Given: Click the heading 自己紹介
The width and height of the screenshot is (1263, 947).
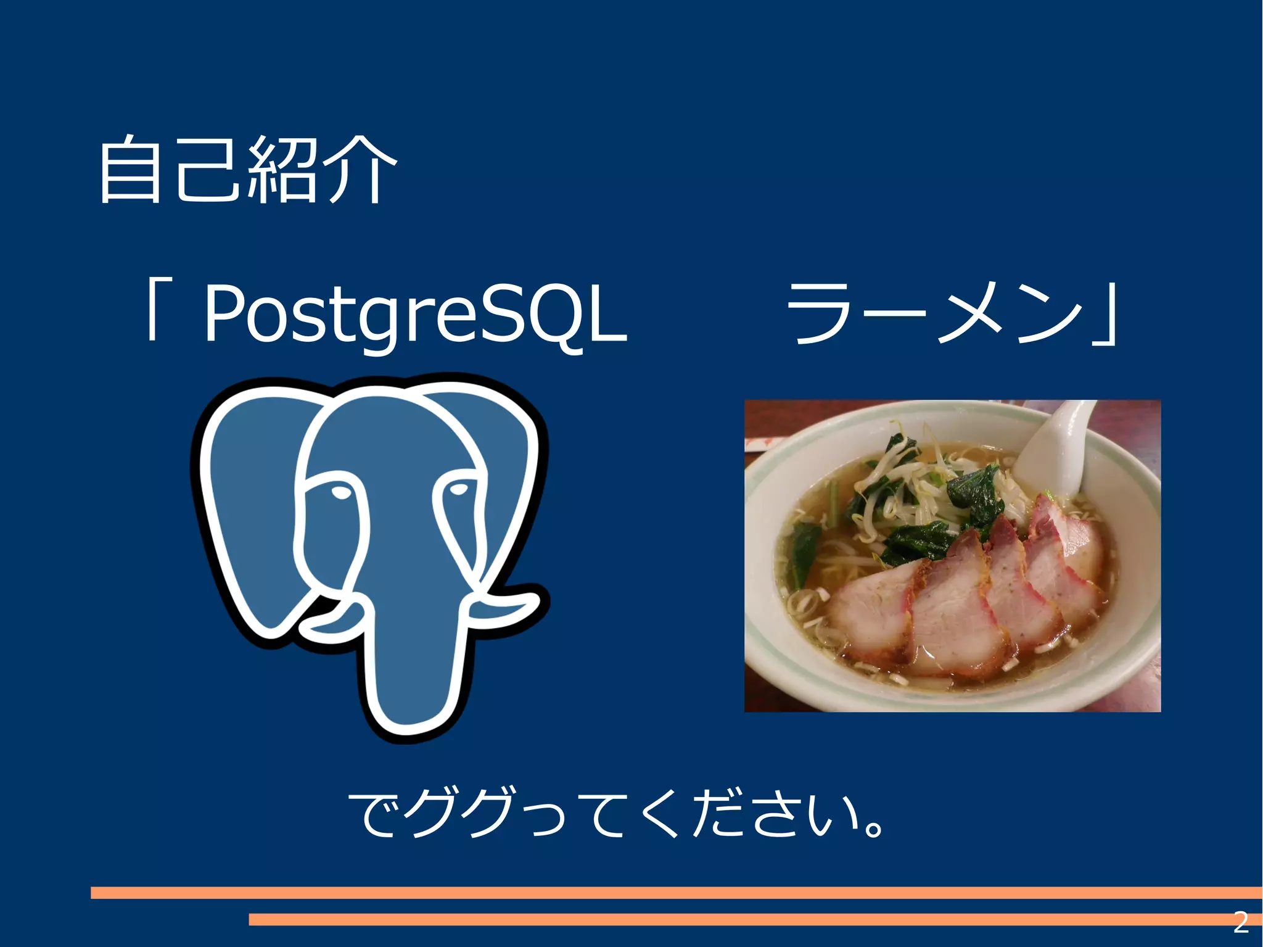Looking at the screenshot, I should tap(247, 170).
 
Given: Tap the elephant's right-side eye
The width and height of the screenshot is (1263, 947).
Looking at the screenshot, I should tap(458, 489).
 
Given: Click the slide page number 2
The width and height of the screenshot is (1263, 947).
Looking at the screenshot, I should tap(1240, 922).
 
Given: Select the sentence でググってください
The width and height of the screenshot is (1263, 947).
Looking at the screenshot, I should tap(617, 814).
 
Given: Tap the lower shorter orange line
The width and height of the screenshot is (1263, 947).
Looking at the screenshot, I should tap(740, 919).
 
